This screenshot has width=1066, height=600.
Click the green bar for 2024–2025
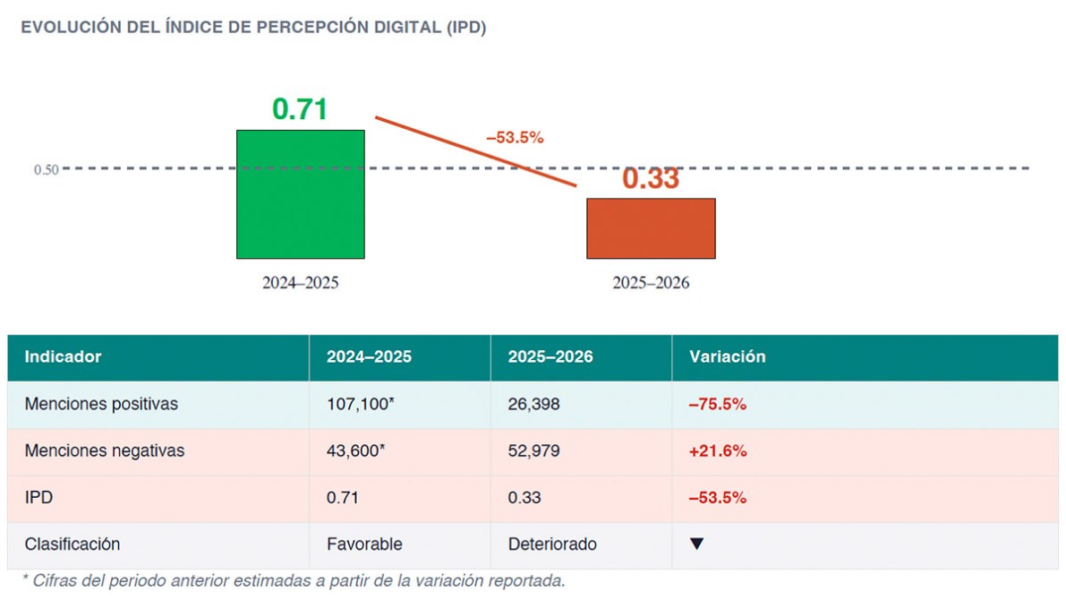(x=300, y=194)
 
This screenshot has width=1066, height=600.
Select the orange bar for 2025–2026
(x=651, y=228)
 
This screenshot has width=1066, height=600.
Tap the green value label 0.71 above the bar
(x=300, y=109)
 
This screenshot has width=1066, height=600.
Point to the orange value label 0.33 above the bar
(x=651, y=178)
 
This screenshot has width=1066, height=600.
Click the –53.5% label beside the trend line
(x=515, y=138)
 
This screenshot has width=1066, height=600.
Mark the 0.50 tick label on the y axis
(x=47, y=169)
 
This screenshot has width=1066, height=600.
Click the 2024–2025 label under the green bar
(x=301, y=283)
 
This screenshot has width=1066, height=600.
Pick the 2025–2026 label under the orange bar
(x=651, y=283)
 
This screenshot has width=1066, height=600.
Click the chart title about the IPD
(x=253, y=28)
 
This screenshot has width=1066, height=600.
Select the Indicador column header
(x=63, y=356)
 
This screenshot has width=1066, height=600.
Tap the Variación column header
(x=727, y=356)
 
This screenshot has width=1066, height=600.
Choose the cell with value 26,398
(x=533, y=404)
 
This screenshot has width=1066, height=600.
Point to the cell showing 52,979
(x=533, y=450)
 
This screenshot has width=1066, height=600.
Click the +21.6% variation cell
(x=717, y=450)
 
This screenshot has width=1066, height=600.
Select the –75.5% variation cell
(x=717, y=404)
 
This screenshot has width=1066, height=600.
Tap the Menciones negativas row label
(x=104, y=450)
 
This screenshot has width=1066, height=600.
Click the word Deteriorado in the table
(x=552, y=544)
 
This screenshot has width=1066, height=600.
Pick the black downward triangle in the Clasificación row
(x=697, y=544)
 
